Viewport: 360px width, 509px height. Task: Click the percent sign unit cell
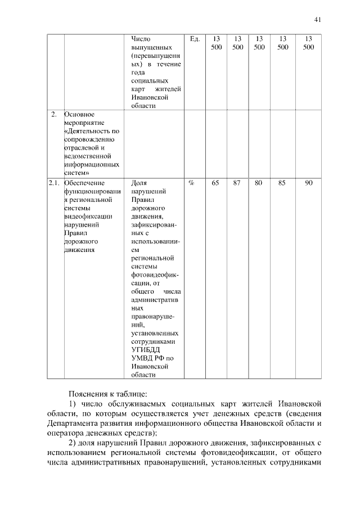(x=192, y=183)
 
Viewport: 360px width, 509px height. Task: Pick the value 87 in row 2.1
(x=237, y=183)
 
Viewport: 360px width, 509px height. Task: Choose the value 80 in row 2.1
(x=259, y=183)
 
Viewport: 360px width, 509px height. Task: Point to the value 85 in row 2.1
(x=282, y=183)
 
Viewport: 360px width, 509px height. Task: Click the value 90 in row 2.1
(x=308, y=183)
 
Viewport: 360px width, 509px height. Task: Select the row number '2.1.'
(x=54, y=183)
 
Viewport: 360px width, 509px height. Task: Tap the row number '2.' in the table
(x=54, y=115)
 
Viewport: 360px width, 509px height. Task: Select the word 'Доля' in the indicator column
(x=138, y=183)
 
